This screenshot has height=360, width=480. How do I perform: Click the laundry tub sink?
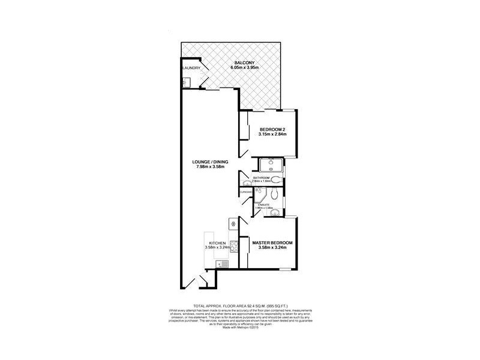[187, 83]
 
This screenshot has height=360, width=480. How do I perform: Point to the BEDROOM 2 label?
[272, 129]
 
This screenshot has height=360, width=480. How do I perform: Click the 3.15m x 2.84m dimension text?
[272, 134]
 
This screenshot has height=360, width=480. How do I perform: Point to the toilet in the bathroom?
[275, 179]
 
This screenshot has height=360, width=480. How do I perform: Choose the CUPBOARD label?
[246, 192]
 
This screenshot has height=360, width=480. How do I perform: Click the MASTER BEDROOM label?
[272, 242]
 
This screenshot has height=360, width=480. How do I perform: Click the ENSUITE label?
[263, 205]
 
